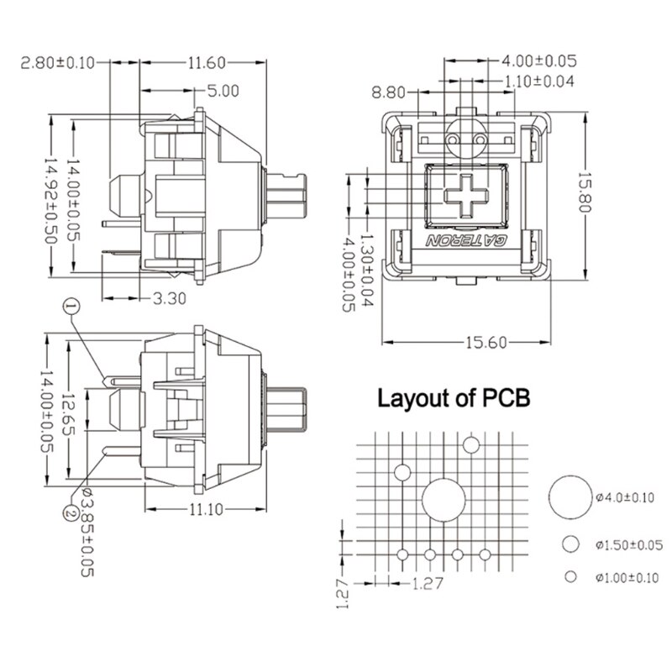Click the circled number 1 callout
click(70, 307)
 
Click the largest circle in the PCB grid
click(444, 500)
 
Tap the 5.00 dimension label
click(222, 89)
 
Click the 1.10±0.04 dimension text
click(543, 81)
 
